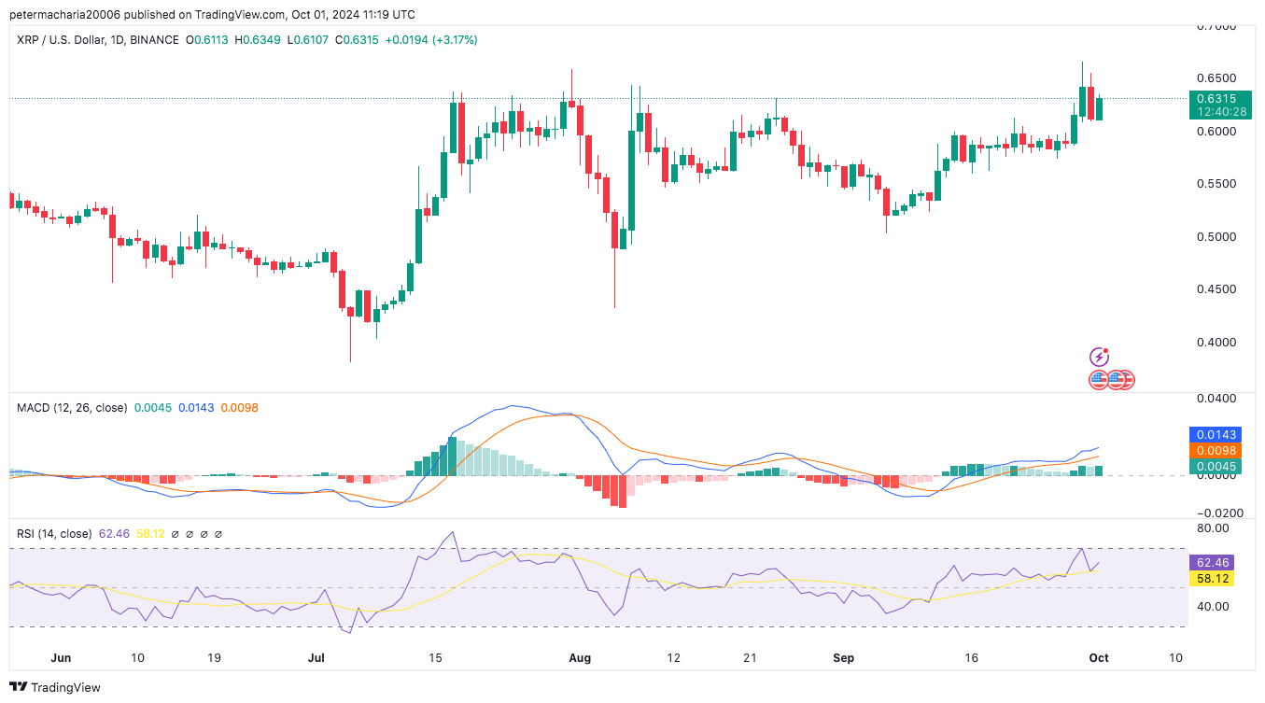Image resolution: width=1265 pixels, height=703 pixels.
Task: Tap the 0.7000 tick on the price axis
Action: [x=1216, y=26]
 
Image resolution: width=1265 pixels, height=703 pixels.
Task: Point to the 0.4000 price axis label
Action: [x=1216, y=343]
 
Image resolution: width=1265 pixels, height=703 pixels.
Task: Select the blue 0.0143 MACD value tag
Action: [x=1215, y=434]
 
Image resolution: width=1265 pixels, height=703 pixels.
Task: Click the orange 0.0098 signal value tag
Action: [x=1215, y=450]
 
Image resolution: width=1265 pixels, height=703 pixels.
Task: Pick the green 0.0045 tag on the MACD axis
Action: [x=1215, y=466]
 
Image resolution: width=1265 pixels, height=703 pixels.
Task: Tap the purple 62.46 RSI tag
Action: [x=1211, y=563]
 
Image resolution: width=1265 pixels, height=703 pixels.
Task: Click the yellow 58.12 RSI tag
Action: [x=1211, y=579]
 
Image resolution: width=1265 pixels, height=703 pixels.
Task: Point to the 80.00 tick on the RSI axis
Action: [x=1214, y=527]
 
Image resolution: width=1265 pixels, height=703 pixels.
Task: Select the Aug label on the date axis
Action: [x=580, y=658]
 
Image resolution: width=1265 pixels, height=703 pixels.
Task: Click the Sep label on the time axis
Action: [x=843, y=658]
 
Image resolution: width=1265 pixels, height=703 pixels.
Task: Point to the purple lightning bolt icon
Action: [x=1101, y=357]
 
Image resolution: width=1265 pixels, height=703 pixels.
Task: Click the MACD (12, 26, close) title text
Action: [x=71, y=407]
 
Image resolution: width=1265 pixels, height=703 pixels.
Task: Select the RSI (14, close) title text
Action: [x=54, y=534]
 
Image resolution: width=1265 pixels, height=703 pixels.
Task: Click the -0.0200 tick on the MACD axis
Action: [x=1216, y=513]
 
